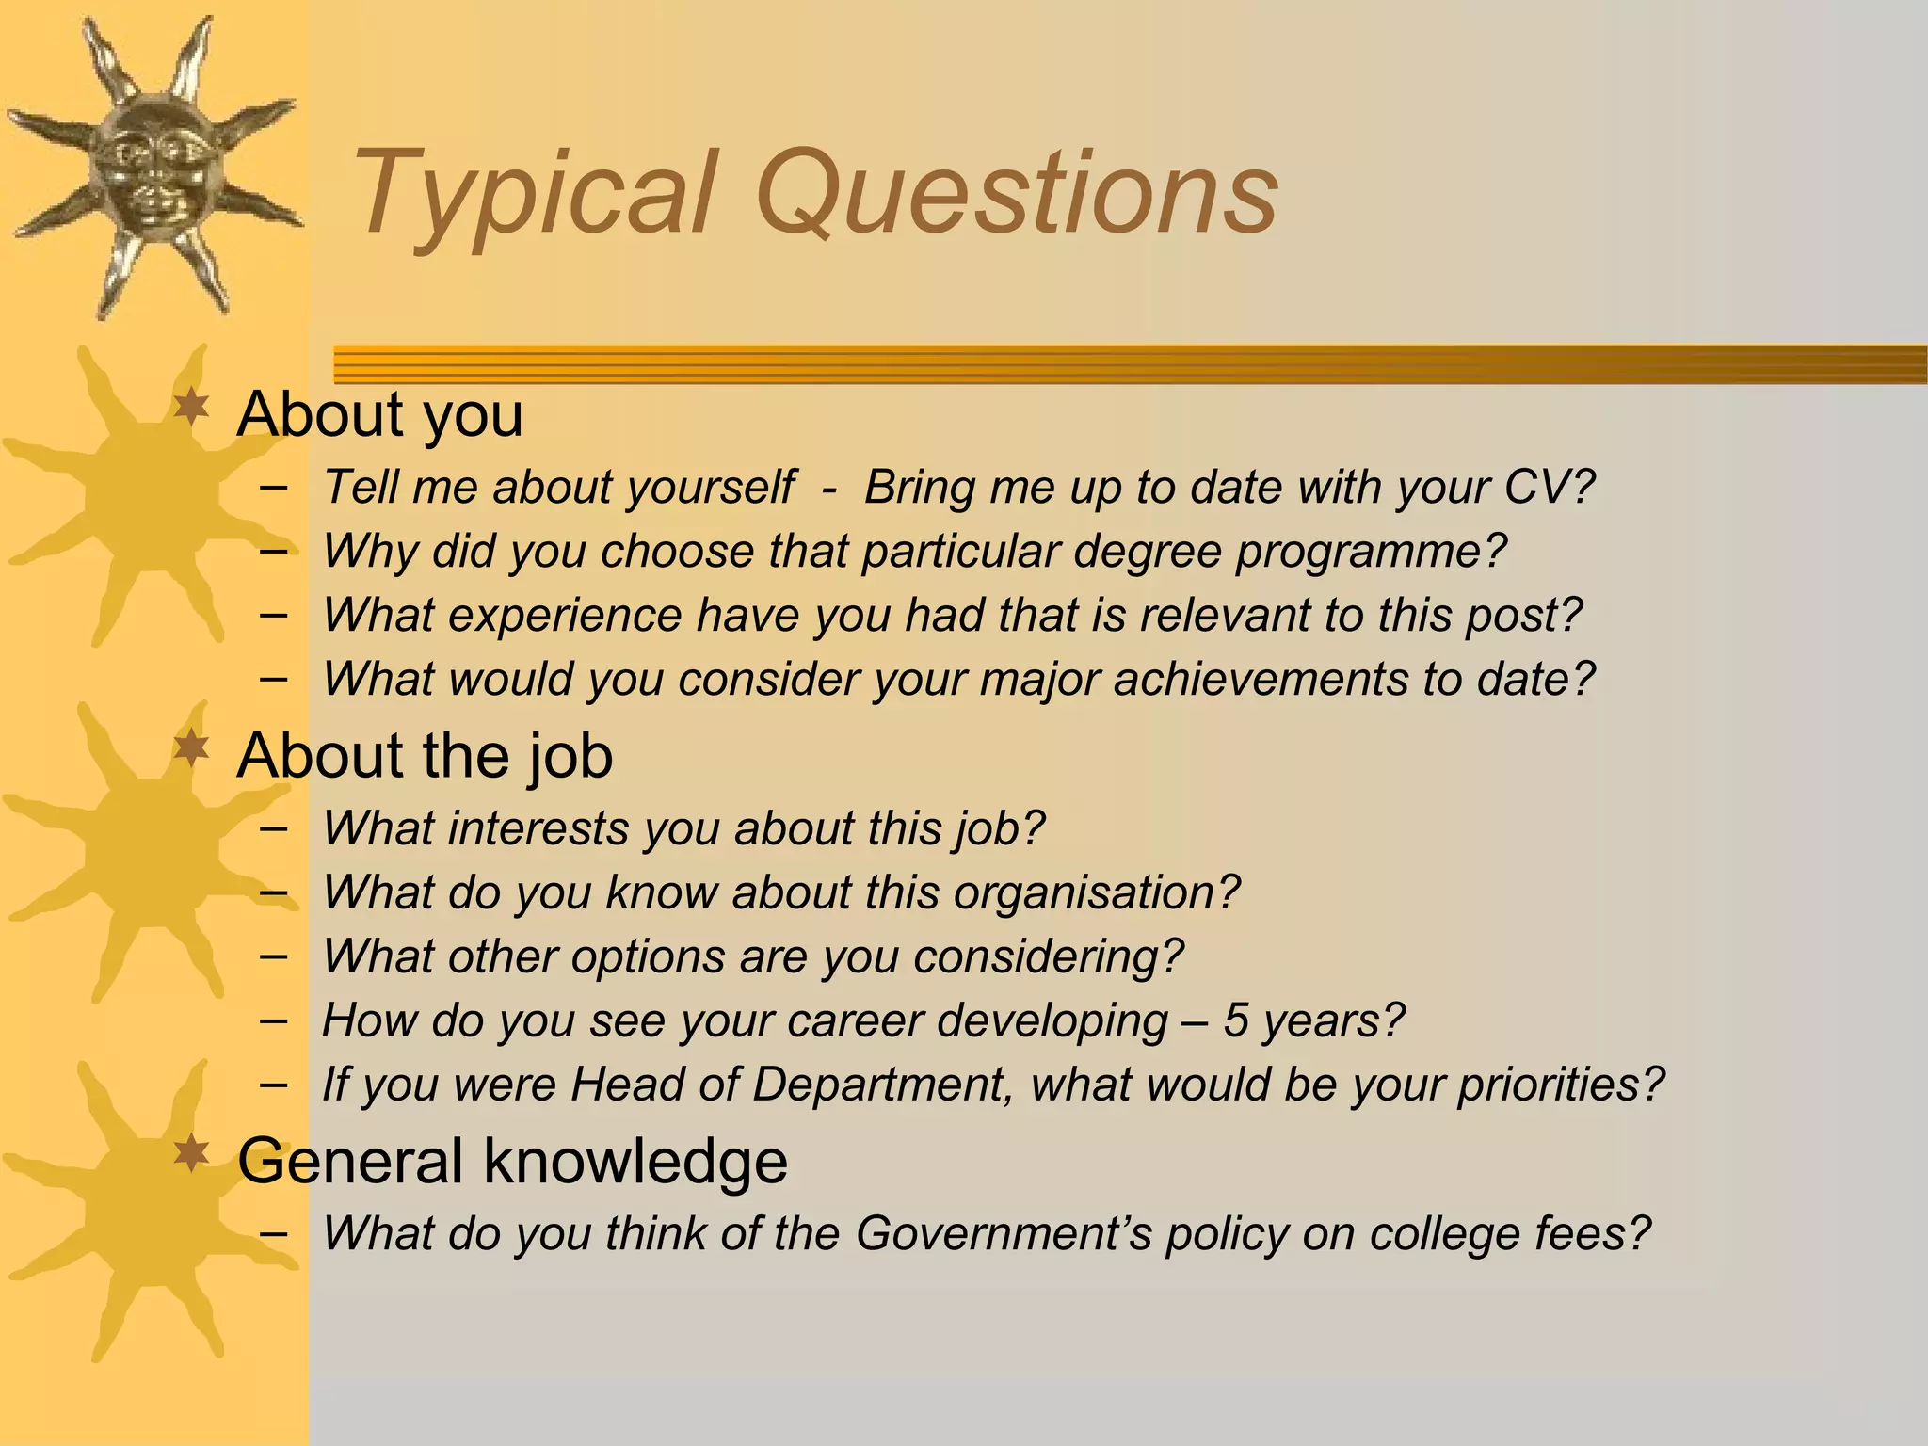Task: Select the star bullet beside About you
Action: (192, 409)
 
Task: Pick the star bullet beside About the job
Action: (192, 750)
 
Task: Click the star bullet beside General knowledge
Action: (192, 1154)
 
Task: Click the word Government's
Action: (1004, 1233)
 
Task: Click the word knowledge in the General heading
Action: (635, 1161)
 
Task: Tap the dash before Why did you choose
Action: (273, 550)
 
